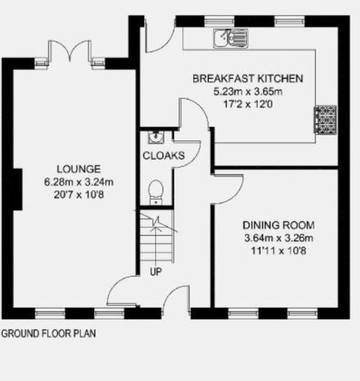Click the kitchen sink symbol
click(231, 38)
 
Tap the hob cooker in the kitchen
click(325, 119)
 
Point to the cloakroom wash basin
click(156, 137)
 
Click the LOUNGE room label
click(79, 169)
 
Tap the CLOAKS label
click(164, 156)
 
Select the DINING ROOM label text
click(279, 225)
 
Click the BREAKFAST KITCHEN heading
click(248, 79)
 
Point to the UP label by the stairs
click(156, 272)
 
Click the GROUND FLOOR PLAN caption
click(49, 333)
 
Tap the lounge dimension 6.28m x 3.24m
click(79, 182)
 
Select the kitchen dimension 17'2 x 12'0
click(248, 104)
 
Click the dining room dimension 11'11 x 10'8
click(279, 251)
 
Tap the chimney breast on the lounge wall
click(18, 189)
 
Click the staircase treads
click(157, 236)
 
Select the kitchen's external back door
click(161, 35)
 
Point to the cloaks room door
click(187, 154)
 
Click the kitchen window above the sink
click(219, 22)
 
